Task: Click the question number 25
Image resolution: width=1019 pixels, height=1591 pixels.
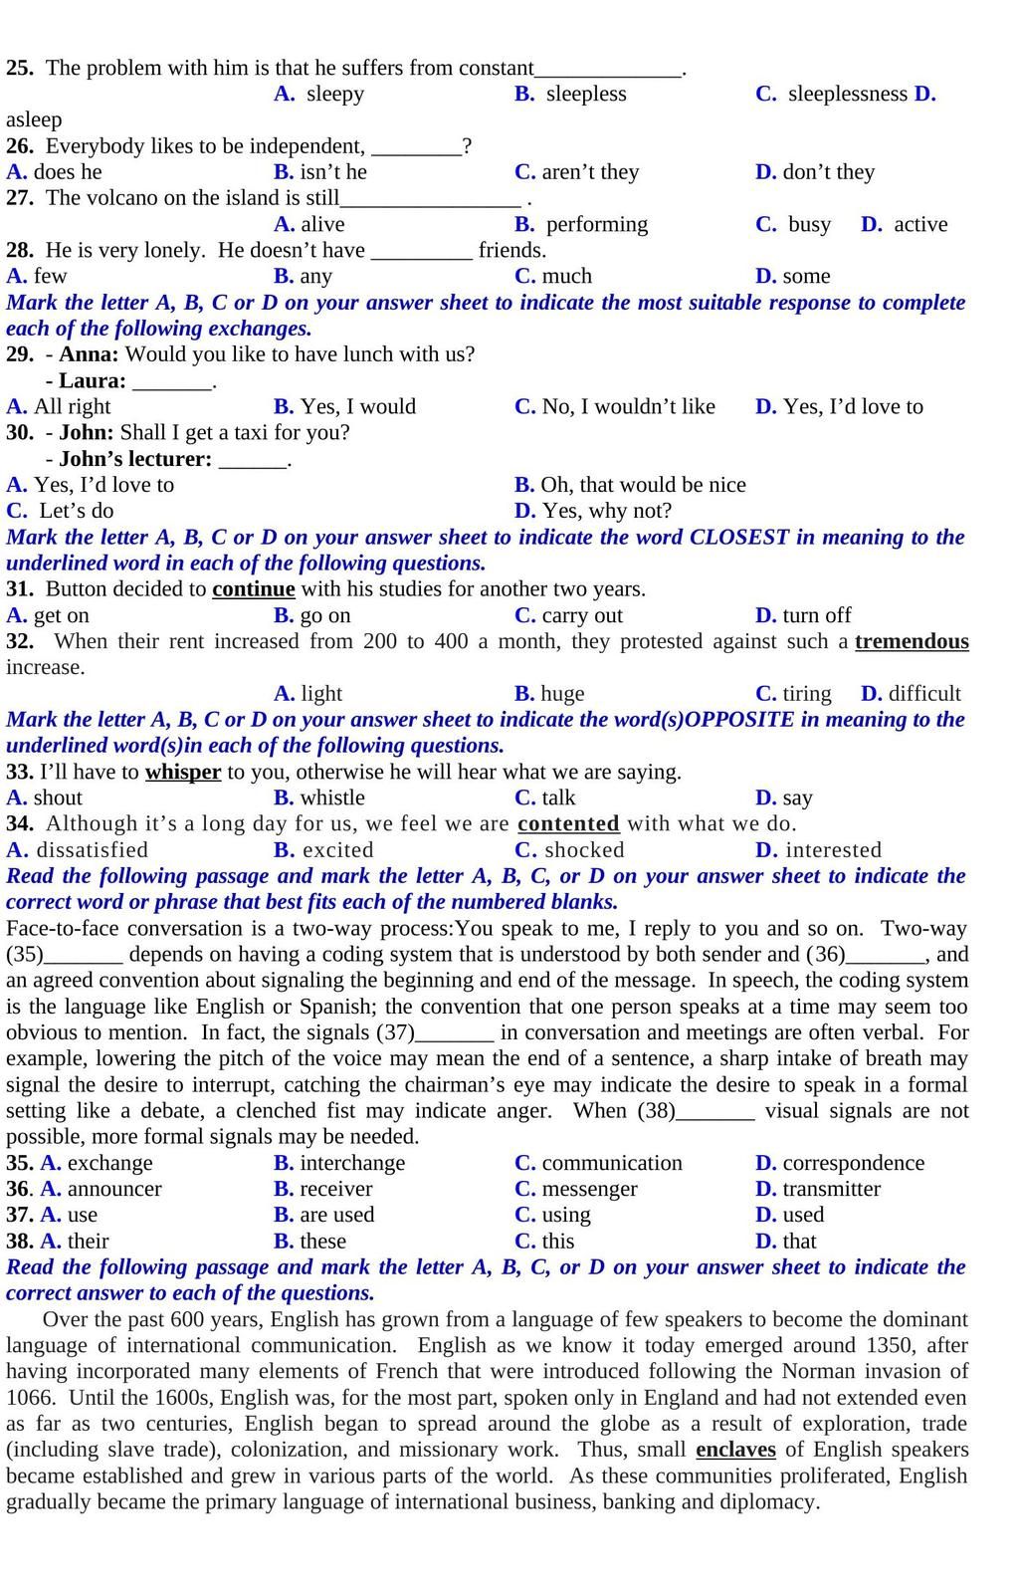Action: [19, 68]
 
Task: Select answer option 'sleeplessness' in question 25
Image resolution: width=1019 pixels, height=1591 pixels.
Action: [847, 94]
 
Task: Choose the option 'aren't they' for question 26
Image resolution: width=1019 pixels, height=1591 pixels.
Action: [590, 171]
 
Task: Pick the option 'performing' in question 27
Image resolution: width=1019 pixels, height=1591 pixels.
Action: [596, 224]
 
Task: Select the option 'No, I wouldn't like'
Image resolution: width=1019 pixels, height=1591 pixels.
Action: [628, 406]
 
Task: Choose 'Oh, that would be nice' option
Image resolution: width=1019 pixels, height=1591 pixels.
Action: [643, 485]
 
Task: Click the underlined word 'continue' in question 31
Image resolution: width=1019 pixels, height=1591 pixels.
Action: [254, 588]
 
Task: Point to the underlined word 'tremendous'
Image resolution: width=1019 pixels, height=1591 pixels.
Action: [912, 641]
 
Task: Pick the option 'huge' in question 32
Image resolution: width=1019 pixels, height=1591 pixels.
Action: [562, 693]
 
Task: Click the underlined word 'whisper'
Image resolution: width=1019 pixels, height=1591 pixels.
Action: [183, 772]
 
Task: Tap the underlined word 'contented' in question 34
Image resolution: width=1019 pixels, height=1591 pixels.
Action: [568, 823]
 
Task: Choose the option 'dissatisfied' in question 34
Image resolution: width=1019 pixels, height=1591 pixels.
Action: [92, 850]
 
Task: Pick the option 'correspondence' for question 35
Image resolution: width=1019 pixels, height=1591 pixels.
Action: [853, 1163]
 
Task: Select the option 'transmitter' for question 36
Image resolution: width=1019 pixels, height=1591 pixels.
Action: [831, 1189]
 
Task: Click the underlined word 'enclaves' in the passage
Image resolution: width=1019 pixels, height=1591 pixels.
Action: [735, 1450]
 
